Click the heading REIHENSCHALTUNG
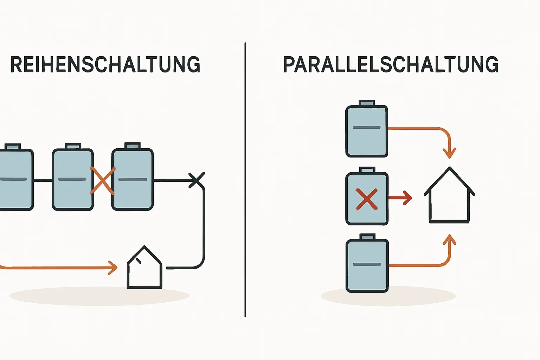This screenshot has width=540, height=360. click(x=105, y=64)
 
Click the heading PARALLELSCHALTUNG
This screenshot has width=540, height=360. click(x=391, y=64)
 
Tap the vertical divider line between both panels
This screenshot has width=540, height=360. click(x=245, y=179)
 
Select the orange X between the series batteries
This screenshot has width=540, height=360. click(x=102, y=181)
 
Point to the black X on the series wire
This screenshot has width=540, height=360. click(x=197, y=180)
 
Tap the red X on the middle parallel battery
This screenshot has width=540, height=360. click(x=367, y=199)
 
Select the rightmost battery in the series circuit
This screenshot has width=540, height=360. click(x=133, y=179)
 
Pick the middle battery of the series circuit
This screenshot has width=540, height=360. click(x=73, y=179)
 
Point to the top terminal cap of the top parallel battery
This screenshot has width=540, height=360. click(x=367, y=103)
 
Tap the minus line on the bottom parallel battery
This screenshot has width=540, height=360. click(x=367, y=264)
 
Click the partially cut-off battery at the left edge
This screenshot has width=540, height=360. click(x=15, y=179)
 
